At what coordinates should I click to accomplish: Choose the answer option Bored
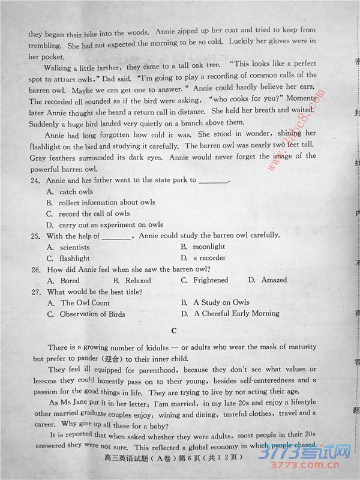(x=70, y=280)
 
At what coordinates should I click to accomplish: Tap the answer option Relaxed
(x=137, y=280)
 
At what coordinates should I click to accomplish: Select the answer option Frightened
(x=210, y=280)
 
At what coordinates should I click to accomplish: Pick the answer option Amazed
(x=273, y=280)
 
